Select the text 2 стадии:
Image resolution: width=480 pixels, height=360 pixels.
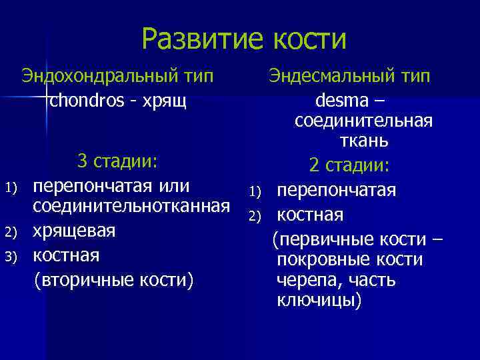(349, 165)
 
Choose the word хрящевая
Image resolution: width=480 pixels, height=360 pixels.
(75, 231)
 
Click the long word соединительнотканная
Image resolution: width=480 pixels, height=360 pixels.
(127, 207)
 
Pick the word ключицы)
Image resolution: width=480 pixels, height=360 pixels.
(319, 301)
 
